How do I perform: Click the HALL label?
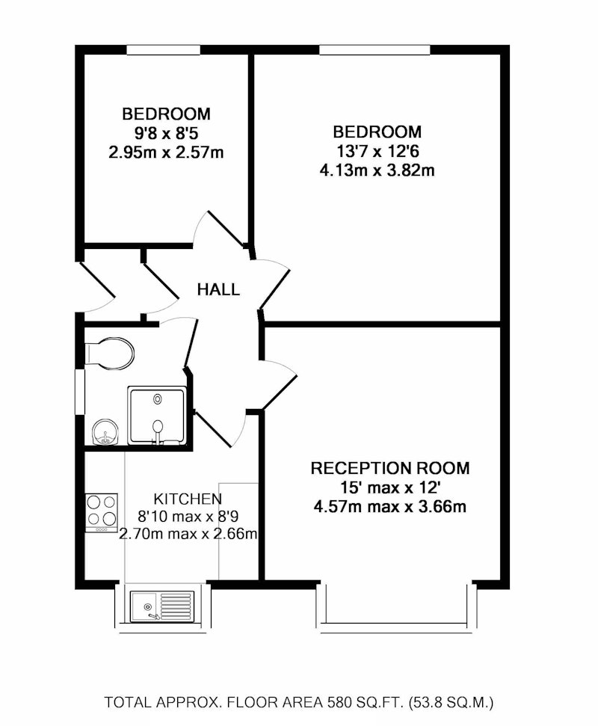(x=218, y=289)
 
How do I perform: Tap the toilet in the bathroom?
(x=110, y=353)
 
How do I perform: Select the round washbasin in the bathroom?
(x=105, y=432)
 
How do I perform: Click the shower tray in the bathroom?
(x=156, y=415)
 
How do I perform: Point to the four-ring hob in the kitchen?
(x=102, y=513)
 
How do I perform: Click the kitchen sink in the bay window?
(x=162, y=606)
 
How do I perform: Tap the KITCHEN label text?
(x=188, y=499)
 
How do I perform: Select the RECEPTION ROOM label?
(x=389, y=468)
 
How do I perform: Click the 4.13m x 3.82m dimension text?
(x=377, y=171)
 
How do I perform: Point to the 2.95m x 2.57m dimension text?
(x=166, y=153)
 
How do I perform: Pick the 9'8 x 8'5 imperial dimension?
(x=166, y=133)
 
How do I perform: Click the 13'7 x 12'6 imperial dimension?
(x=377, y=151)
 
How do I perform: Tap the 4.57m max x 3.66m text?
(x=389, y=506)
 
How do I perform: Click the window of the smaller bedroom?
(x=164, y=49)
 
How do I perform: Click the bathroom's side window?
(x=80, y=392)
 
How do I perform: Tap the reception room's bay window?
(x=397, y=608)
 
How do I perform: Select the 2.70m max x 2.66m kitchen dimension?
(x=188, y=535)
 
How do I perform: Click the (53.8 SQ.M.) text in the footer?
(x=451, y=702)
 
